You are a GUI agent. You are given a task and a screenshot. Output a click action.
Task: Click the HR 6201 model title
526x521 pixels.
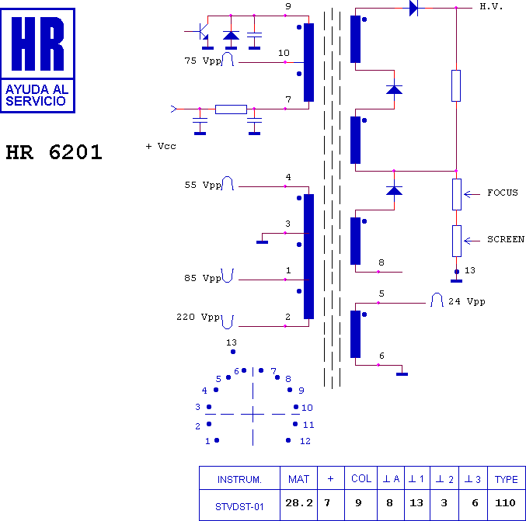[x=54, y=152]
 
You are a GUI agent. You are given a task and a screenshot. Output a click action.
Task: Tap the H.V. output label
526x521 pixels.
[x=491, y=7]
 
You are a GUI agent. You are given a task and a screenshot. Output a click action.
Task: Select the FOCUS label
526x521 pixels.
[x=503, y=193]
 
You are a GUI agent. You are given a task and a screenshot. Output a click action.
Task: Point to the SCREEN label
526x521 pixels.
[x=506, y=239]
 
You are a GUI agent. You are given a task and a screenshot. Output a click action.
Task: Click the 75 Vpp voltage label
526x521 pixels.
[x=203, y=61]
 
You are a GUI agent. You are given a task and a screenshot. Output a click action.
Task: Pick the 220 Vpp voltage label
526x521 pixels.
[x=198, y=317]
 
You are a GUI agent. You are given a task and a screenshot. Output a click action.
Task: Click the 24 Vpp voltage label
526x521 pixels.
[x=467, y=302]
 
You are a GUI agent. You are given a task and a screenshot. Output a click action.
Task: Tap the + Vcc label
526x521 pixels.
[x=161, y=146]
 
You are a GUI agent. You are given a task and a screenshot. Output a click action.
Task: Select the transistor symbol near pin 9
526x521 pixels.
[x=203, y=32]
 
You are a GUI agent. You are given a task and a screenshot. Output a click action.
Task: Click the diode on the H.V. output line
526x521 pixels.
[x=413, y=8]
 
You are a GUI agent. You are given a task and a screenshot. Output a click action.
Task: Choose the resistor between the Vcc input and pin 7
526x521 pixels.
[x=231, y=109]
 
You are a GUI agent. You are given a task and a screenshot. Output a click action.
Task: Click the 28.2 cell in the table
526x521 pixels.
[x=299, y=503]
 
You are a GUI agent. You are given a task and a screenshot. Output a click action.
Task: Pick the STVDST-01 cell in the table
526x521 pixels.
[x=239, y=506]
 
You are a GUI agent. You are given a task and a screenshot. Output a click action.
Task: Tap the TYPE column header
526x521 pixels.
[x=507, y=479]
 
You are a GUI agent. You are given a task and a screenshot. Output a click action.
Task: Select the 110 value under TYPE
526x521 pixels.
[x=505, y=503]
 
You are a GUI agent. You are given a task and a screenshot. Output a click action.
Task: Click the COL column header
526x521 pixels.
[x=361, y=478]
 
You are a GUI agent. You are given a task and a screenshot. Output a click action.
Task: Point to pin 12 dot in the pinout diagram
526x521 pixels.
[x=288, y=440]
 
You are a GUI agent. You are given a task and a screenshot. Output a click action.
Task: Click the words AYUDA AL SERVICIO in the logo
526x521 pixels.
[x=37, y=96]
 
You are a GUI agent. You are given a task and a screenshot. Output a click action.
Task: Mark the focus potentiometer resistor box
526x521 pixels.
[x=457, y=194]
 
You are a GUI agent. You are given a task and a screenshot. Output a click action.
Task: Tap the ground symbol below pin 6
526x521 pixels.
[x=402, y=374]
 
